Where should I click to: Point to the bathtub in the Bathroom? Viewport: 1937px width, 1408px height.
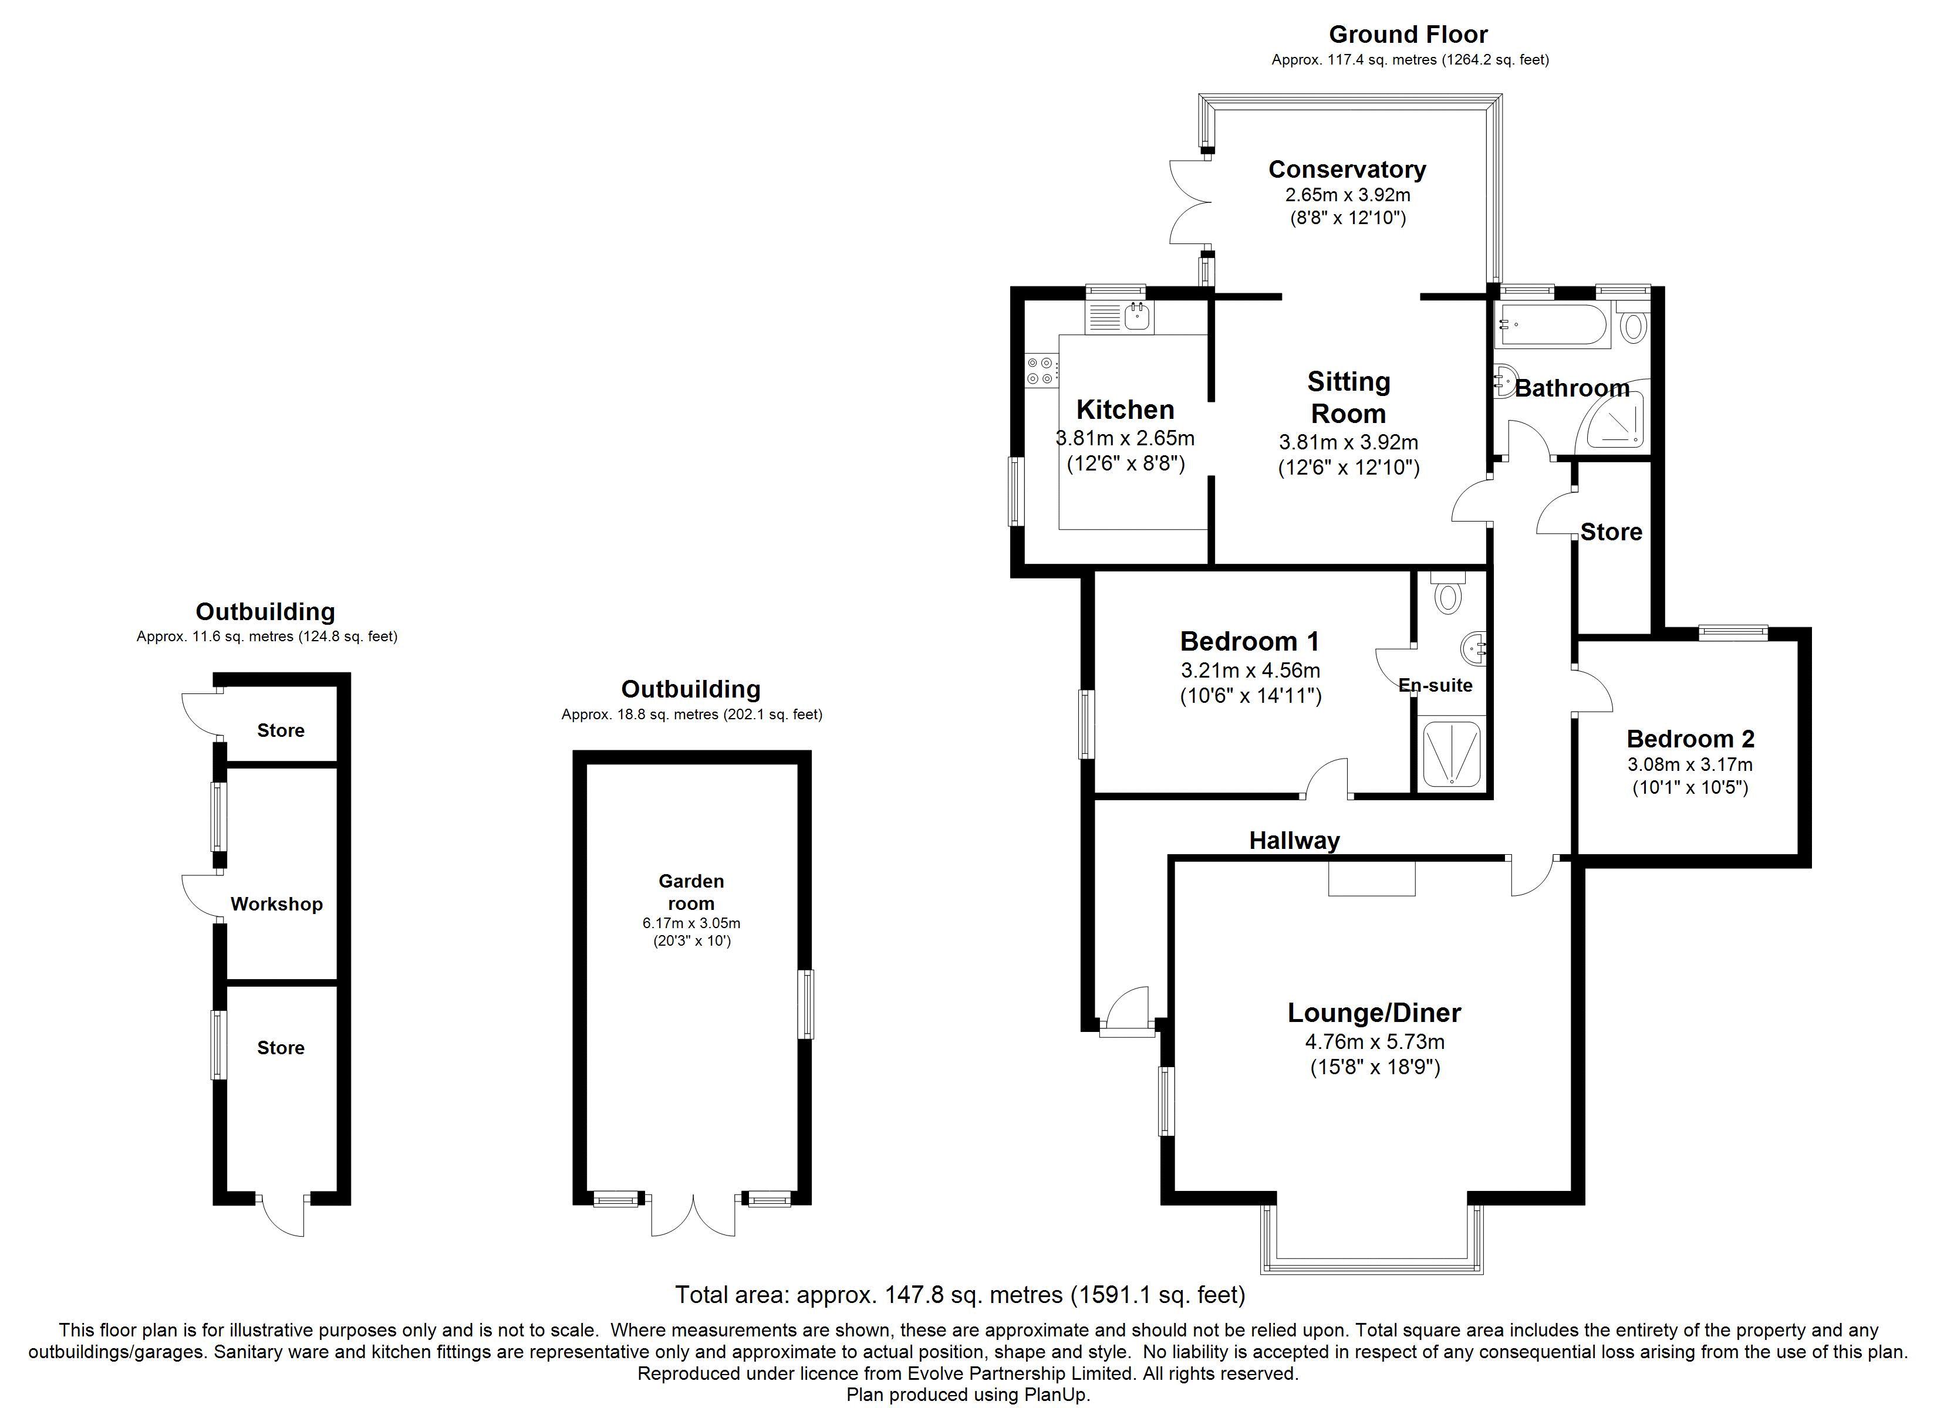(1554, 326)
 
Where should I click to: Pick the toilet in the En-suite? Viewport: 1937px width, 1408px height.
(1447, 592)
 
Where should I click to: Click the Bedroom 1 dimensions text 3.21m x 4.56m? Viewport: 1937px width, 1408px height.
(1250, 671)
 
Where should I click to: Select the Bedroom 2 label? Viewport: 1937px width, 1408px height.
(1690, 739)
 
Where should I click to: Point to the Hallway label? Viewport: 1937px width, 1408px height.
(1294, 841)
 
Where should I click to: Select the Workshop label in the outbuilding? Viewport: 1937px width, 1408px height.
(276, 904)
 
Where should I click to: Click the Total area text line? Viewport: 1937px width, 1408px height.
(960, 1295)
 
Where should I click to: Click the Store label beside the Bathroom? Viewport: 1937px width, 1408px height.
(1611, 532)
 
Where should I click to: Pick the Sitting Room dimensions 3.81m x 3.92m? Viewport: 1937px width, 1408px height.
(1348, 442)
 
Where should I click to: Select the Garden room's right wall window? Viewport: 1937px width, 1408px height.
(805, 1004)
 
